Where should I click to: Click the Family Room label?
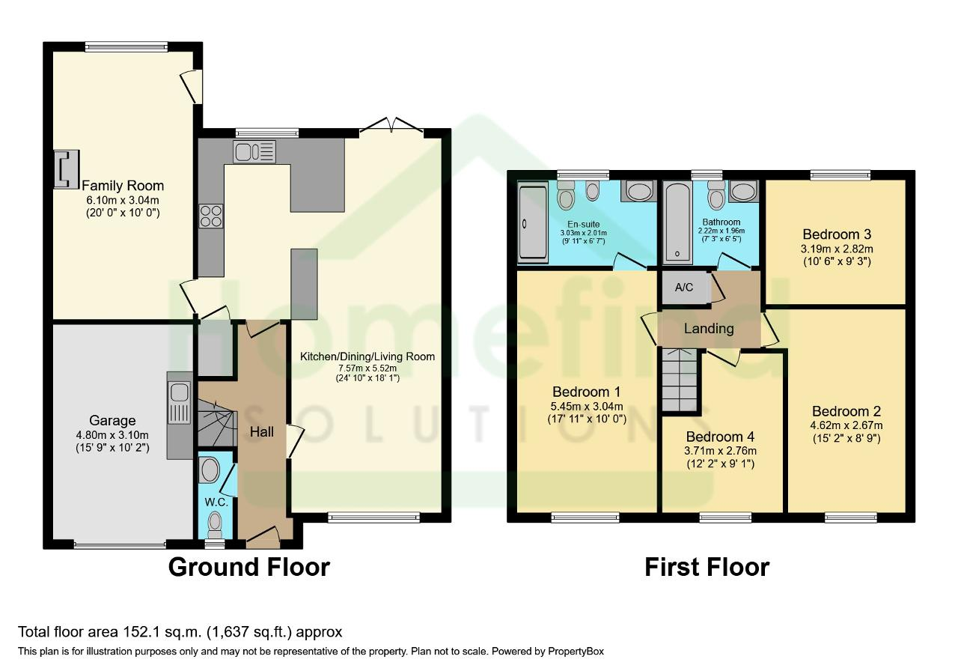123,186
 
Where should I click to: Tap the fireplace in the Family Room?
67,169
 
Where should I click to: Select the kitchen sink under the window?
254,151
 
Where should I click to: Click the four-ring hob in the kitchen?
211,216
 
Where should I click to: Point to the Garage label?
112,421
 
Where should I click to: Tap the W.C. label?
216,502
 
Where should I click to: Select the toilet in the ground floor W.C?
215,525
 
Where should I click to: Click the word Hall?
262,432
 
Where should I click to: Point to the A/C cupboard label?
684,288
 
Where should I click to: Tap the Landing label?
709,329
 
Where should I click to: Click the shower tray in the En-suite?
533,222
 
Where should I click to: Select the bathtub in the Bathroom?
677,222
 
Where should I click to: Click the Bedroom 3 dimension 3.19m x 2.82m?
837,249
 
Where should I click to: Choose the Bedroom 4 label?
720,437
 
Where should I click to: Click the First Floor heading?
707,567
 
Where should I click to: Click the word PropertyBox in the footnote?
576,652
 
